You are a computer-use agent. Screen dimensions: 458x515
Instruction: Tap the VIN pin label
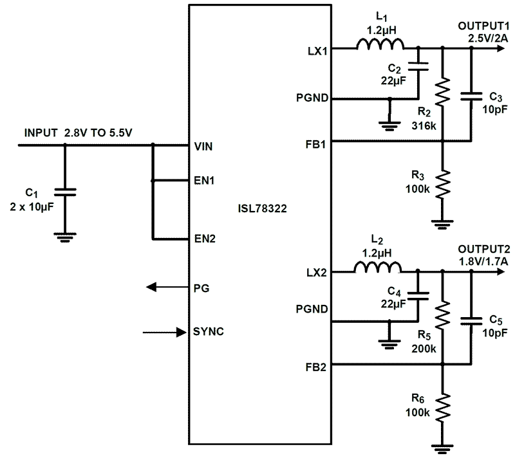tap(203, 146)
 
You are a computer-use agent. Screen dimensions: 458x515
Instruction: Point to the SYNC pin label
tap(209, 332)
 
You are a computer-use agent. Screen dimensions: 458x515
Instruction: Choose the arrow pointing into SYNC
tap(161, 333)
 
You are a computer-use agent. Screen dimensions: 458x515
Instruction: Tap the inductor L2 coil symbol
tap(378, 267)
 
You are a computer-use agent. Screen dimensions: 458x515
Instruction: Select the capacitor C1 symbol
tap(65, 191)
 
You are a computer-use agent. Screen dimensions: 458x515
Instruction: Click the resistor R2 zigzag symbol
tap(442, 91)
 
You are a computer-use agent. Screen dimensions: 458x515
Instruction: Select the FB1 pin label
tap(317, 142)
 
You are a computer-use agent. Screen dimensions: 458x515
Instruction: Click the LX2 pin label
tap(317, 272)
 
